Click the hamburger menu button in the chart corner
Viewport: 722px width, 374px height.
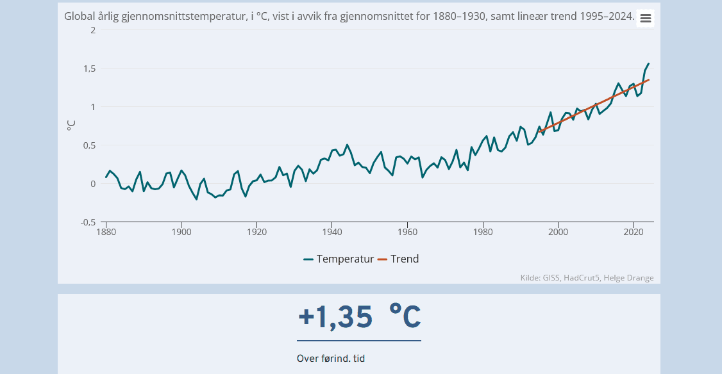pyautogui.click(x=645, y=18)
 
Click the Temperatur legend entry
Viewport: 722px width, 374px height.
pyautogui.click(x=339, y=259)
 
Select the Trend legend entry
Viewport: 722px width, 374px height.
pyautogui.click(x=398, y=259)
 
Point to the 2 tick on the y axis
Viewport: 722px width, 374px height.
pyautogui.click(x=94, y=30)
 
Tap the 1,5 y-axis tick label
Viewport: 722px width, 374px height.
pyautogui.click(x=89, y=69)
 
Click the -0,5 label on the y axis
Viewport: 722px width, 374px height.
pyautogui.click(x=87, y=222)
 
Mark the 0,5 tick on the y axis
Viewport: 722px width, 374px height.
pyautogui.click(x=89, y=145)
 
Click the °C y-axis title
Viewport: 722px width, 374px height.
pyautogui.click(x=71, y=126)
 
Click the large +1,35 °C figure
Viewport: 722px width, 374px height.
pyautogui.click(x=359, y=316)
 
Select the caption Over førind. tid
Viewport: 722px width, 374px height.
pyautogui.click(x=331, y=359)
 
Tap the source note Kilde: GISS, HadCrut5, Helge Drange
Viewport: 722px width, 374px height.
pyautogui.click(x=587, y=277)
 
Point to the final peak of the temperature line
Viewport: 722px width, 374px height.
pyautogui.click(x=648, y=63)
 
